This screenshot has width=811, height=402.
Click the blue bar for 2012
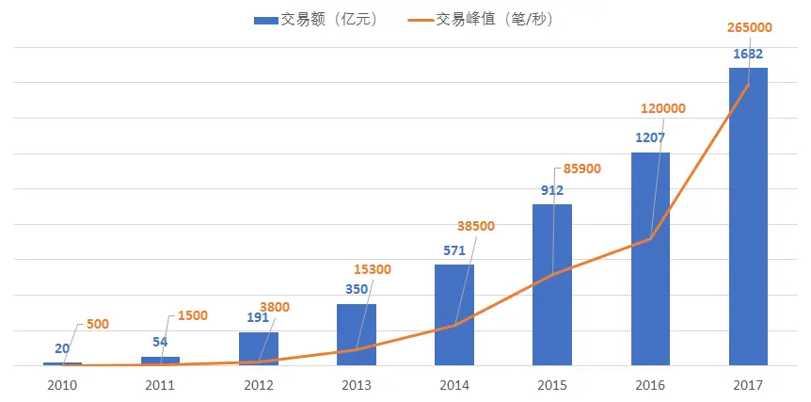(x=259, y=347)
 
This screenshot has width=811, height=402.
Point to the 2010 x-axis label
(x=63, y=385)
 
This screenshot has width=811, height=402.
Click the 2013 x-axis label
(x=357, y=385)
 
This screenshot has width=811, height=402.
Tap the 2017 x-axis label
(x=748, y=385)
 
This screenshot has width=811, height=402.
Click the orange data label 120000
(x=662, y=108)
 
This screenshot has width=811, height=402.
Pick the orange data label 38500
(x=475, y=226)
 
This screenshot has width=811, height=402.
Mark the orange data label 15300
(x=372, y=270)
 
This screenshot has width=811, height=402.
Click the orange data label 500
(x=97, y=324)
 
